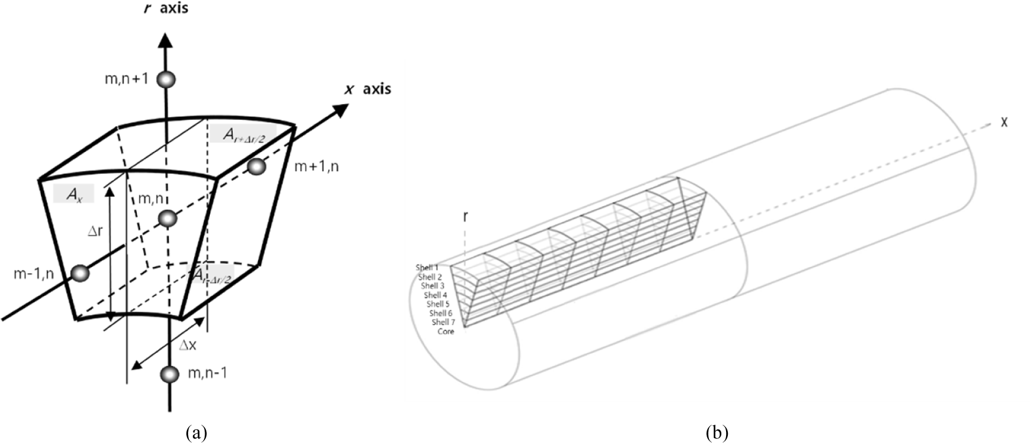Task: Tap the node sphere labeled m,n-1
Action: (170, 374)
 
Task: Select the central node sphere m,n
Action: (168, 219)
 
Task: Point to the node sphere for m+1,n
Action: (256, 167)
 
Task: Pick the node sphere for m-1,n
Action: (79, 273)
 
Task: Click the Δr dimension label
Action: (95, 231)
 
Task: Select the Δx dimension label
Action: (188, 345)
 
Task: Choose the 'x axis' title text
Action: (367, 89)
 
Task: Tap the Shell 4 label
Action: (435, 295)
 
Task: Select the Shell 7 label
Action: (443, 322)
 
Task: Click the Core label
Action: (446, 331)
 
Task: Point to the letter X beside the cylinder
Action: (1005, 122)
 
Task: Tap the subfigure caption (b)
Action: (717, 434)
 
